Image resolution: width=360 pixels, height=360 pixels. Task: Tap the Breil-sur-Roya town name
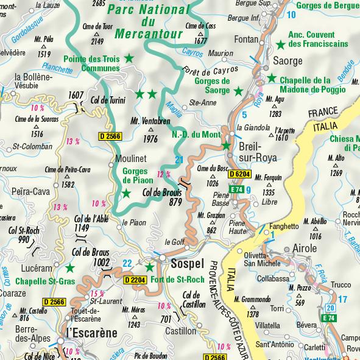[x=259, y=152]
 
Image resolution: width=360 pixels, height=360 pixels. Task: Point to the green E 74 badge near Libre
[x=238, y=189]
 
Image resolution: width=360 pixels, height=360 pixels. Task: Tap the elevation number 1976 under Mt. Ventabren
[x=149, y=139]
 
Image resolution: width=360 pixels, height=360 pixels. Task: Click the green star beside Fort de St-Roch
[x=149, y=267]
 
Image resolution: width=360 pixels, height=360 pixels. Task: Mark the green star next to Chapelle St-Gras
[x=70, y=267]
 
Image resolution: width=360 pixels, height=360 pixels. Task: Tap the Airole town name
[x=305, y=249]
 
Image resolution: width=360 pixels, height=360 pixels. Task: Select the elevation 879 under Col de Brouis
[x=177, y=202]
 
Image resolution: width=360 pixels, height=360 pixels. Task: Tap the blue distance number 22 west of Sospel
[x=128, y=263]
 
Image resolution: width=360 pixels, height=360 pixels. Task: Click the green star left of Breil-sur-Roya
[x=226, y=146]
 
